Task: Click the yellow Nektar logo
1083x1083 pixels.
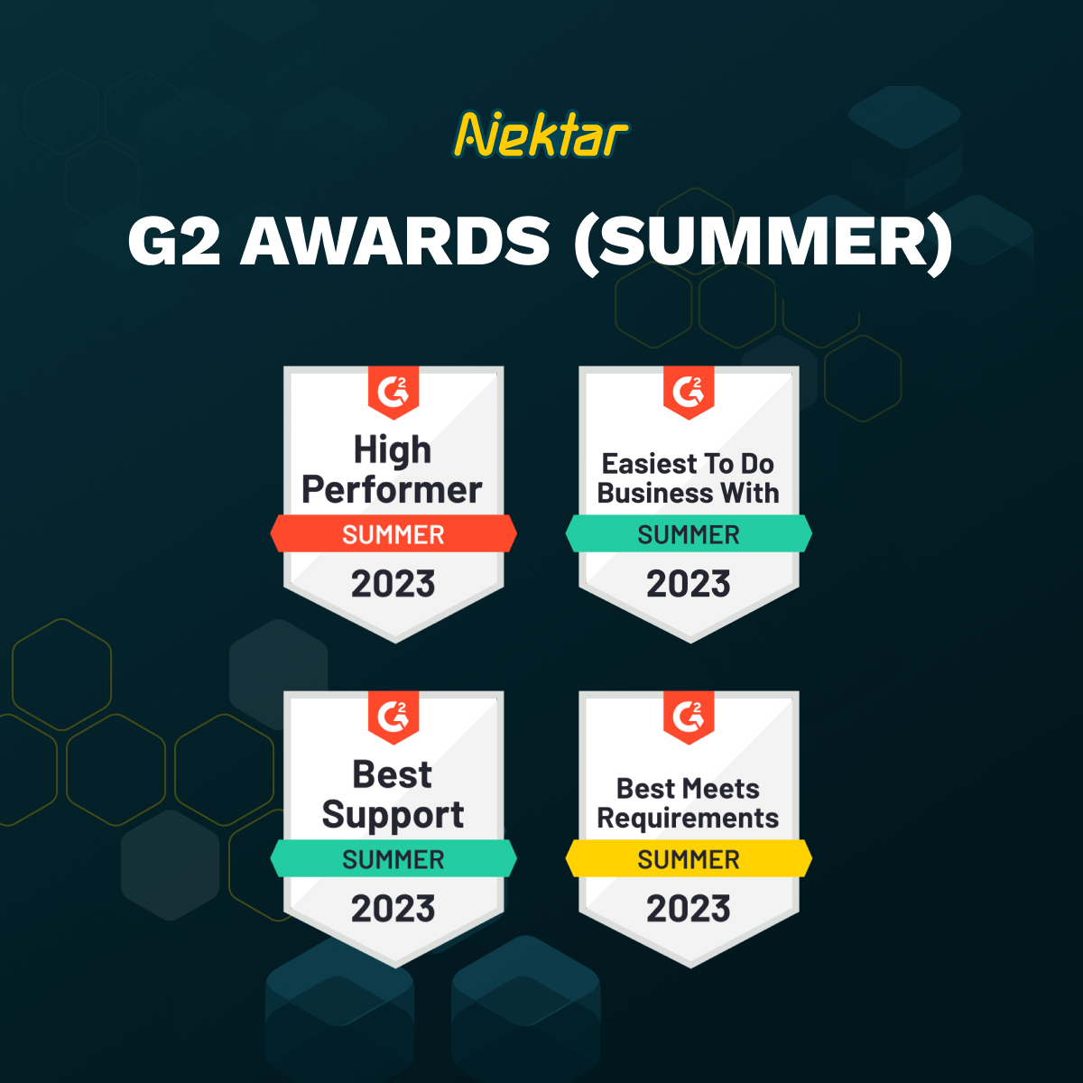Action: click(541, 135)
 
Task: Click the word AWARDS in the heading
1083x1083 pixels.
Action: click(394, 242)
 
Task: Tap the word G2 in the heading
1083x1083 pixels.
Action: click(174, 242)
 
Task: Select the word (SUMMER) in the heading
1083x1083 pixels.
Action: click(764, 242)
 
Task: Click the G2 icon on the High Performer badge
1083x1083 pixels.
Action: click(393, 391)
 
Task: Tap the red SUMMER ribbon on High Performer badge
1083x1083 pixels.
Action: click(393, 534)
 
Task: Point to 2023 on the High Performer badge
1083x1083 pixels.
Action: click(393, 584)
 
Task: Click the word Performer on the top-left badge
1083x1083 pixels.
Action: click(392, 490)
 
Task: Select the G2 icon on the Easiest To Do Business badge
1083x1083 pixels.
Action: click(689, 391)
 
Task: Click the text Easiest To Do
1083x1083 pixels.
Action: click(688, 464)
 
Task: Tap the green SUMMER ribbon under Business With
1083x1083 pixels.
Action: click(689, 534)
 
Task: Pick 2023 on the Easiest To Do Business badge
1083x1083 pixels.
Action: click(689, 584)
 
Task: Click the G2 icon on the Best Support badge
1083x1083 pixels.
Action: click(393, 716)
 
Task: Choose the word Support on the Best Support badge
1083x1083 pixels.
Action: click(393, 815)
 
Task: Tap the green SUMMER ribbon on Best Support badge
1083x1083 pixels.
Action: click(393, 859)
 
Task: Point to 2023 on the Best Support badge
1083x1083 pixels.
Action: click(393, 909)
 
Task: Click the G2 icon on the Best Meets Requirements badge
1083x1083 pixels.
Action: click(689, 716)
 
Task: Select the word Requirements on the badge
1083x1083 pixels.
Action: click(688, 819)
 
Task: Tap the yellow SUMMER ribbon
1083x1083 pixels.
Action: click(689, 859)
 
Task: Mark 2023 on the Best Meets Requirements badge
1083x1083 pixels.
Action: click(689, 909)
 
